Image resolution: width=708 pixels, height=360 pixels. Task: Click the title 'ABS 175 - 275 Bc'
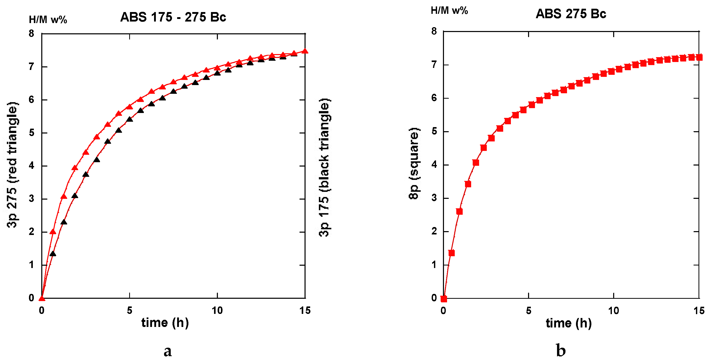tap(173, 17)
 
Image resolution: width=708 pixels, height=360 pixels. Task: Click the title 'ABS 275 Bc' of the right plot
tap(571, 14)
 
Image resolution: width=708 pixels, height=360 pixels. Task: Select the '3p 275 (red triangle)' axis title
tap(12, 165)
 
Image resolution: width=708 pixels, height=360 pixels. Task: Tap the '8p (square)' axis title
tap(414, 163)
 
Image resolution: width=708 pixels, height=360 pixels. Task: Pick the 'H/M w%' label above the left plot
tap(48, 20)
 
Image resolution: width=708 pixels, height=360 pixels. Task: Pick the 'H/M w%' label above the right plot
tap(449, 11)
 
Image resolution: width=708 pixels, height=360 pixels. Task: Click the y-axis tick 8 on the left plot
tap(31, 34)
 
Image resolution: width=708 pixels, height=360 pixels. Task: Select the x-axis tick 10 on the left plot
tap(217, 311)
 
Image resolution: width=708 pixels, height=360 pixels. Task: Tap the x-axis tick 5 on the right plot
tap(529, 311)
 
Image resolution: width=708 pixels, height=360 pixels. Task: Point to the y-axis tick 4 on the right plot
tap(434, 164)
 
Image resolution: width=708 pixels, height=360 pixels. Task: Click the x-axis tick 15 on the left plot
tap(305, 311)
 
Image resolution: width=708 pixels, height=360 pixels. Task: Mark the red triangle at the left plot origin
tap(42, 299)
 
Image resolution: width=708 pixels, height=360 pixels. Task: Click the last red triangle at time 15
tap(305, 51)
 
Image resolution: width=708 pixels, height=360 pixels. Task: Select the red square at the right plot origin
tap(444, 299)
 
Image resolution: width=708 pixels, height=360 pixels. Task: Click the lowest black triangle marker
tap(53, 254)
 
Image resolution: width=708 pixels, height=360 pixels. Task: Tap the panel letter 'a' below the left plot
tap(168, 351)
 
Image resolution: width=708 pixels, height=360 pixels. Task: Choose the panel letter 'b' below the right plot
tap(561, 350)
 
